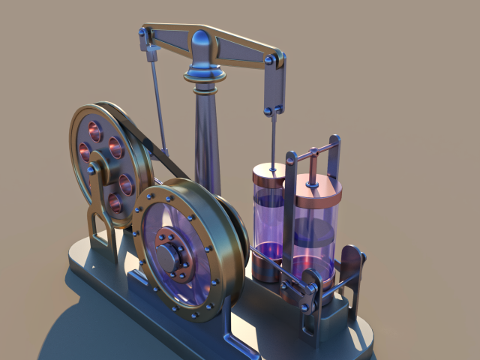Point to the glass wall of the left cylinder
(264, 217)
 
